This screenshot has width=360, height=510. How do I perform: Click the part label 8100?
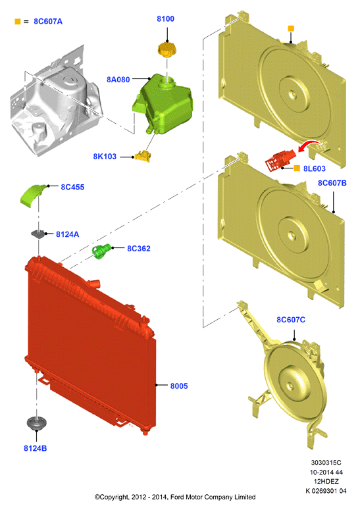click(x=166, y=19)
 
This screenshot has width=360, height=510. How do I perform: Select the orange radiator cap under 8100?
click(x=167, y=49)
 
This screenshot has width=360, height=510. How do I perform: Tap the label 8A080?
click(x=118, y=80)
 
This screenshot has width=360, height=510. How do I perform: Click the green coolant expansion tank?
click(x=162, y=103)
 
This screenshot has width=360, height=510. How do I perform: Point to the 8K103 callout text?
click(x=105, y=157)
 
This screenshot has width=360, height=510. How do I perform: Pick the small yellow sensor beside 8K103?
click(x=143, y=156)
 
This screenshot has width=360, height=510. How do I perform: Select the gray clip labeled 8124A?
click(x=38, y=234)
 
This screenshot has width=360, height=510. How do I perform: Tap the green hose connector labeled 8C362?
click(x=101, y=251)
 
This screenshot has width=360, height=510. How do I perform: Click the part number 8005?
click(x=179, y=386)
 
